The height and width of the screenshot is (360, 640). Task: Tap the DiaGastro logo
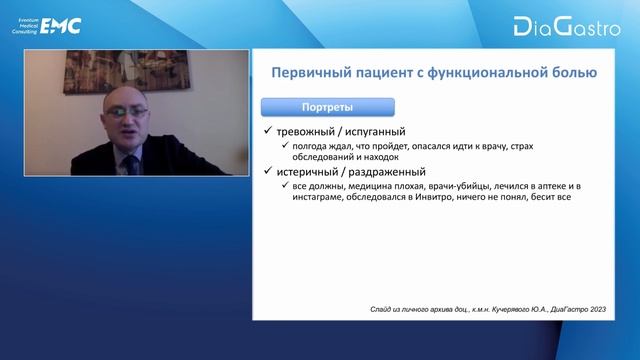coord(563,26)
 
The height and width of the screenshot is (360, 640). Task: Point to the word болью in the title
coord(572,73)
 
